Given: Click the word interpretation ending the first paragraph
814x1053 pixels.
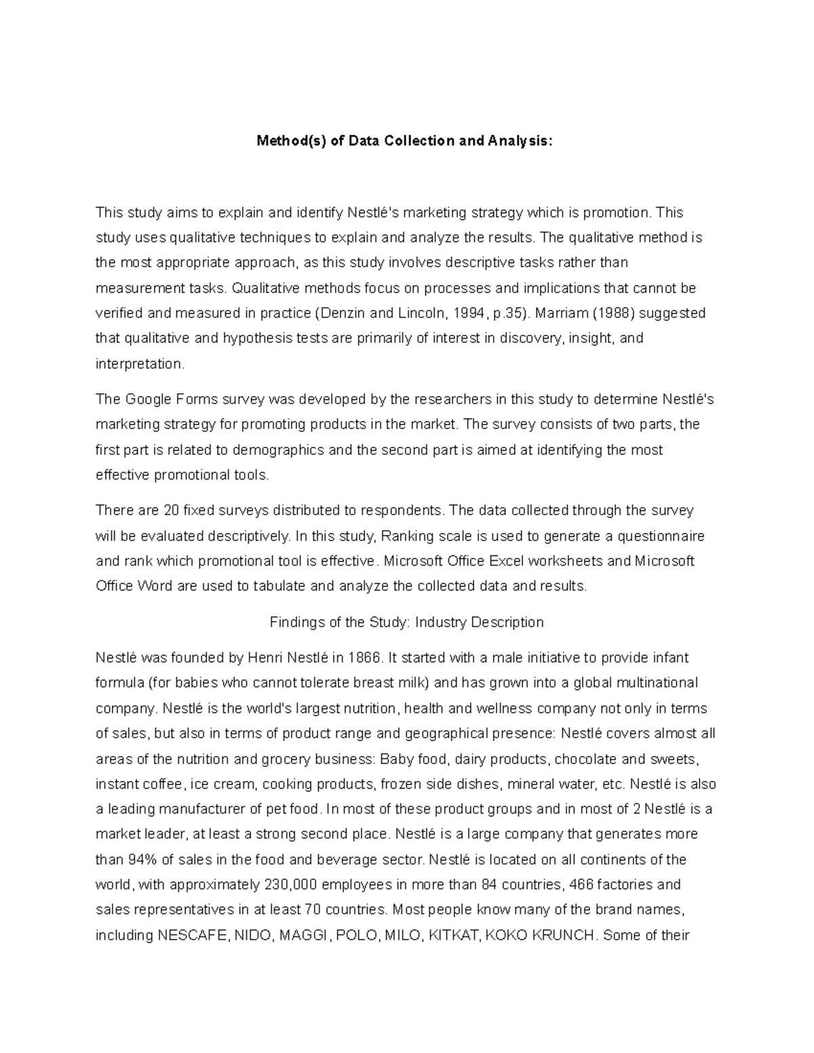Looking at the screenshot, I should (x=139, y=364).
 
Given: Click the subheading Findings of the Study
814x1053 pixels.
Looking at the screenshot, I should (x=339, y=622).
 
